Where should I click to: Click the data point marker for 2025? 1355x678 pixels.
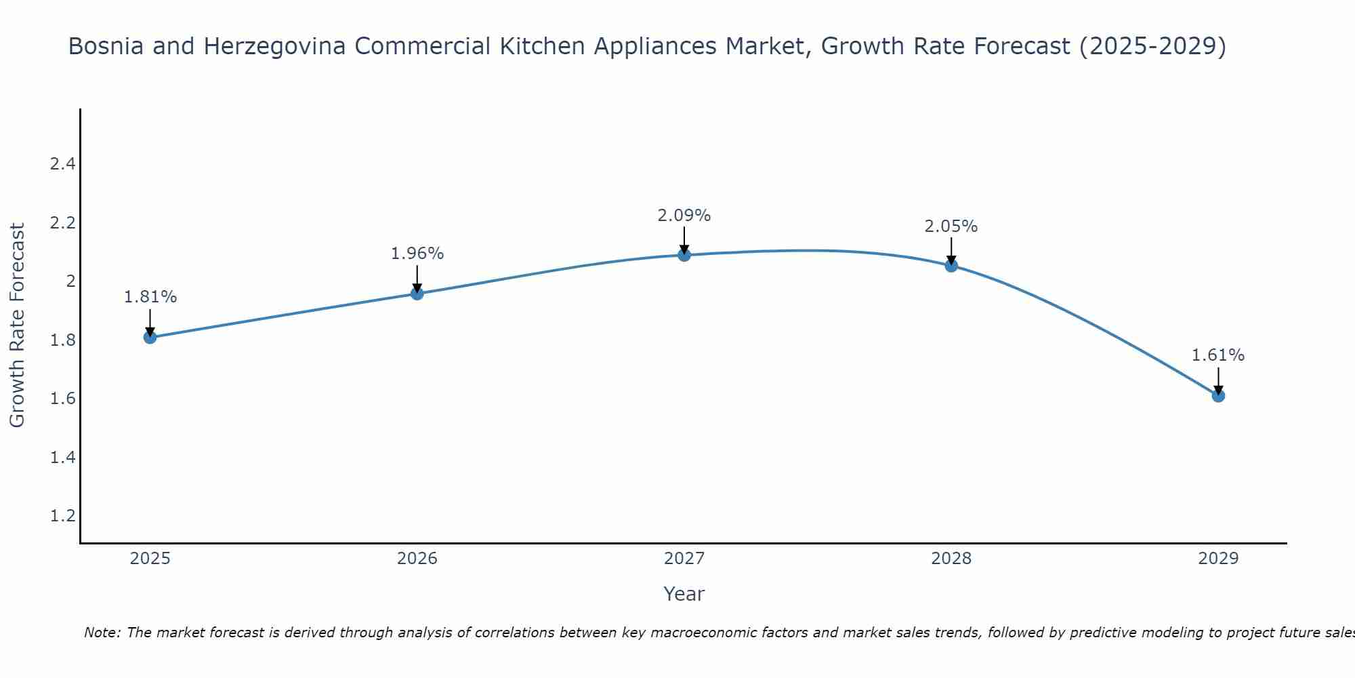point(150,337)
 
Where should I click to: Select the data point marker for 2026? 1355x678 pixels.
point(417,294)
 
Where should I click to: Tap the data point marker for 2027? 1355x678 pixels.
point(684,255)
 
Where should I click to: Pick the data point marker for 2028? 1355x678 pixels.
point(951,266)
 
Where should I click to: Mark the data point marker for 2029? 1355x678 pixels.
point(1218,395)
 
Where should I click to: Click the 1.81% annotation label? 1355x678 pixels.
point(150,297)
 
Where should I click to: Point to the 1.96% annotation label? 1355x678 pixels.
point(417,254)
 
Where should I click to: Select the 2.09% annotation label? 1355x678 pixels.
point(684,216)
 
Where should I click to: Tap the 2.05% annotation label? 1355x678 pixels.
point(951,226)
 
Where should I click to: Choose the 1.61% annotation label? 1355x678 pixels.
point(1218,355)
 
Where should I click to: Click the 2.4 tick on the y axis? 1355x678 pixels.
point(62,164)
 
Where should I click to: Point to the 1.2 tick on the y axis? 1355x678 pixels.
point(62,516)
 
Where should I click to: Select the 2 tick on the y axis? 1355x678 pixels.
point(70,281)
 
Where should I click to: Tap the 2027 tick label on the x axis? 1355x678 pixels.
point(684,559)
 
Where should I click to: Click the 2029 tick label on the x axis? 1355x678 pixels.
point(1218,559)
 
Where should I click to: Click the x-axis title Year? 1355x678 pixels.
point(684,594)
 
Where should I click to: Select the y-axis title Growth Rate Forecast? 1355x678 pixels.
point(18,325)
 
